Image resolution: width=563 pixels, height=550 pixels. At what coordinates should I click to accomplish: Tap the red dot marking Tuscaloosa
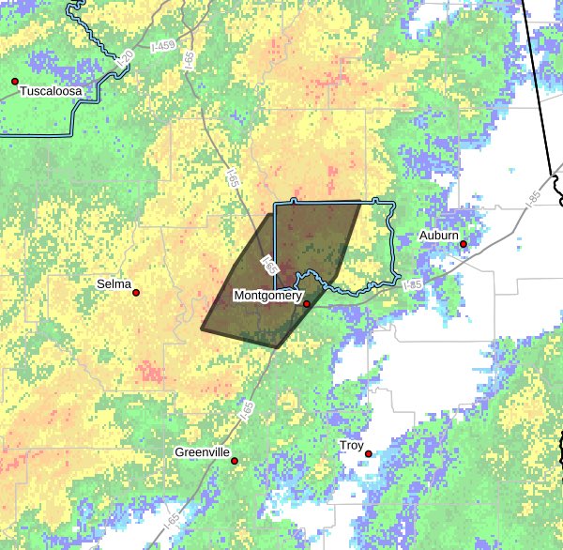coord(15,82)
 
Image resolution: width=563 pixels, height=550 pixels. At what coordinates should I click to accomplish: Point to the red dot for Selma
coord(136,293)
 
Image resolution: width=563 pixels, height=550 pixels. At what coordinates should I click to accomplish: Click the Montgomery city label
coord(267,296)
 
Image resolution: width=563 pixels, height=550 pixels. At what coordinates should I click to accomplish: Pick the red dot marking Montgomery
coord(307,304)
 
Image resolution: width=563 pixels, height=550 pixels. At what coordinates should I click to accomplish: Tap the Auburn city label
coord(439,235)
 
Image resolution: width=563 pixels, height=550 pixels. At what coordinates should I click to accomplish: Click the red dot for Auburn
coord(464,244)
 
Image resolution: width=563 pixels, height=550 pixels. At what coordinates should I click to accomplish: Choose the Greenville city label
coord(203,452)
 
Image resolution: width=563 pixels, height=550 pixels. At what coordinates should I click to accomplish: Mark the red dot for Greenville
coord(235,461)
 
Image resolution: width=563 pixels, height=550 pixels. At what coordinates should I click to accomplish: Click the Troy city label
coord(352,445)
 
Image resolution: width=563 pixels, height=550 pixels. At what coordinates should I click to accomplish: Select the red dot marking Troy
coord(369,454)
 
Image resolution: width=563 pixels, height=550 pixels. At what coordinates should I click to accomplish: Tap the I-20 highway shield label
coord(126,59)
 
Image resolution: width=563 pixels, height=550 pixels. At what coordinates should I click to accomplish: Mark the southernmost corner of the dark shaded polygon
coord(276,347)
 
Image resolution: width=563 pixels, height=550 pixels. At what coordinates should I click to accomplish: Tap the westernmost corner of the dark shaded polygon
coord(201,328)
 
